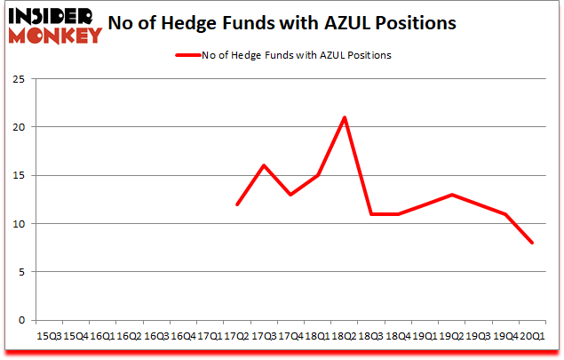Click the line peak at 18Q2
point(345,117)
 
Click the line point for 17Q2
point(237,204)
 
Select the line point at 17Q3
point(264,165)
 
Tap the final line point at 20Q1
point(533,243)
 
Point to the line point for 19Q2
point(452,195)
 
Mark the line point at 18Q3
point(371,214)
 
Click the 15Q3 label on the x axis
point(48,336)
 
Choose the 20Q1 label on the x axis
point(533,336)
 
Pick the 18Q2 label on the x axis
point(345,336)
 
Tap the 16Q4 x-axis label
point(183,336)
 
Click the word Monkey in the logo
point(53,36)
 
